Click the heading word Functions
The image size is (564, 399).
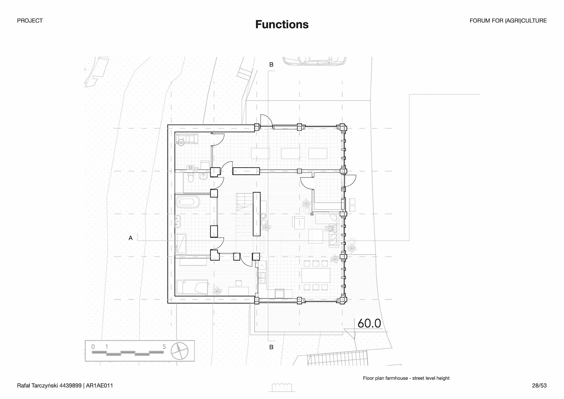click(x=282, y=24)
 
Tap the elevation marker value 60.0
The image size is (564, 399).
click(x=369, y=323)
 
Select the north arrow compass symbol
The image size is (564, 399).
click(x=179, y=351)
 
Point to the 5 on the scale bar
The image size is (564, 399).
click(x=164, y=347)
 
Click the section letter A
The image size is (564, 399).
click(x=131, y=238)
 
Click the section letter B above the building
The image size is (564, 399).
click(x=271, y=65)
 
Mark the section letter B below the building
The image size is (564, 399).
click(x=271, y=347)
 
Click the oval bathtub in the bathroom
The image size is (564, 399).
click(x=188, y=202)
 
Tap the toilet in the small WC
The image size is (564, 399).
click(x=191, y=178)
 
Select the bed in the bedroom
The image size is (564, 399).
click(x=192, y=287)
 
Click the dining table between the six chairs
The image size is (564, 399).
click(x=316, y=275)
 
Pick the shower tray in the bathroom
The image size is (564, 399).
click(x=180, y=244)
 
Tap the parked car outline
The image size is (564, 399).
click(x=314, y=61)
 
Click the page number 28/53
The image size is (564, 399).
click(x=539, y=385)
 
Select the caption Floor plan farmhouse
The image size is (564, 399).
click(x=406, y=378)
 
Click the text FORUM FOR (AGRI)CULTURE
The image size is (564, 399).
click(x=508, y=21)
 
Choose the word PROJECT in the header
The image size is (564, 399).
click(x=30, y=21)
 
